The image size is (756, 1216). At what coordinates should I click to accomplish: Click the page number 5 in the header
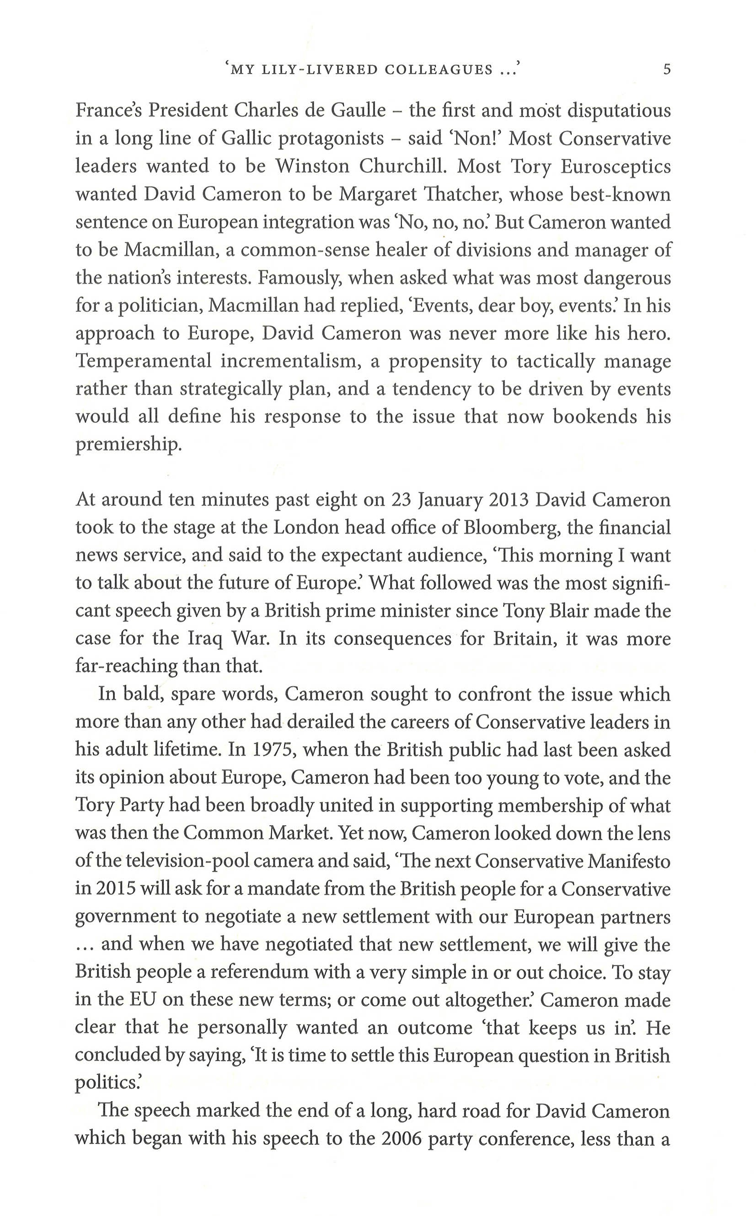tap(666, 69)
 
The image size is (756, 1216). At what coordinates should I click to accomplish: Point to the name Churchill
tap(402, 166)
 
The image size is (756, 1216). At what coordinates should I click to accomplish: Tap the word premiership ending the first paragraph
tap(129, 445)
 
